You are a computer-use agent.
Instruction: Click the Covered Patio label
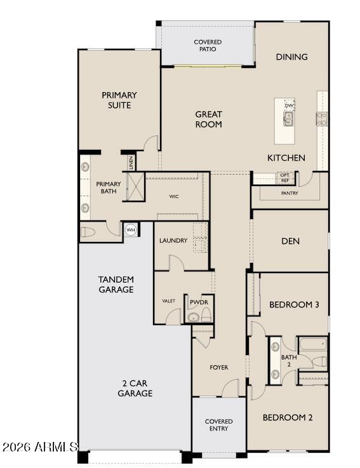click(x=208, y=45)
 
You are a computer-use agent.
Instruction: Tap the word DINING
click(x=291, y=57)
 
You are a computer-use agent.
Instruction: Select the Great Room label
click(x=208, y=119)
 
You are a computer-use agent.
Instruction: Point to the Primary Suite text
click(x=119, y=100)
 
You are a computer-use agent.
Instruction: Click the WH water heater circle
click(x=131, y=230)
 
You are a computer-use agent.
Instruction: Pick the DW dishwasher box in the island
click(x=290, y=105)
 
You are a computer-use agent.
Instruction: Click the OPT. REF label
click(x=285, y=178)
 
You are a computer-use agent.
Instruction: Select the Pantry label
click(x=290, y=193)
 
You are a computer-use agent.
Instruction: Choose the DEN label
click(x=290, y=241)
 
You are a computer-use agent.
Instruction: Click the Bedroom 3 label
click(x=294, y=305)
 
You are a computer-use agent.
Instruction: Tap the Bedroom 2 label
click(x=288, y=417)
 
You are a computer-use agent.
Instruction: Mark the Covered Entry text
click(x=218, y=425)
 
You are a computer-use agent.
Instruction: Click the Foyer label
click(x=219, y=368)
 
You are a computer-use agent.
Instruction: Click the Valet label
click(x=168, y=301)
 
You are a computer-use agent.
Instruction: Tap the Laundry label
click(x=173, y=241)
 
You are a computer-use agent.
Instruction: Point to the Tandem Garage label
click(x=116, y=284)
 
